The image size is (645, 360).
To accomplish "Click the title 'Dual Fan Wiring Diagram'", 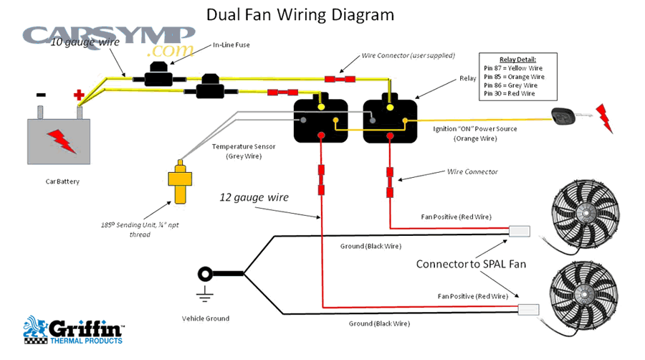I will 300,14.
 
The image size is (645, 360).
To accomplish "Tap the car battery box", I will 59,140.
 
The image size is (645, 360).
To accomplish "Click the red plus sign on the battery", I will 79,95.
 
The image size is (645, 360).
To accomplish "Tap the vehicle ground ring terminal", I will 206,273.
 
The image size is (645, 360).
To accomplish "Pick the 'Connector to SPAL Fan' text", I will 471,264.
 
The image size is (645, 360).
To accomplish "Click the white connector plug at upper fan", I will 519,231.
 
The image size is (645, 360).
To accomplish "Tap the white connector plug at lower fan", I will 529,310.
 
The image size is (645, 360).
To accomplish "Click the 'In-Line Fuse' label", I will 231,46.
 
